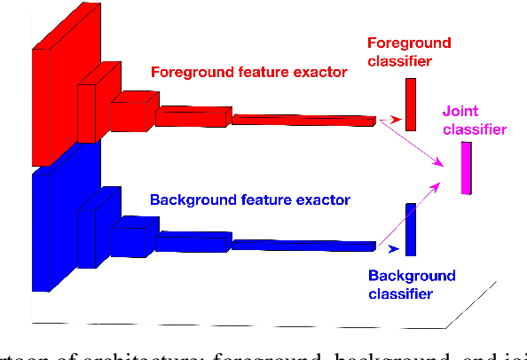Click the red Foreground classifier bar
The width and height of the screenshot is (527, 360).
tap(410, 104)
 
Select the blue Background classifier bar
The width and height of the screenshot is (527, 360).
tap(411, 230)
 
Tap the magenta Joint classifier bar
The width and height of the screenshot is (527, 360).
tap(467, 168)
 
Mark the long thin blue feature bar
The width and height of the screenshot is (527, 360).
tap(302, 242)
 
